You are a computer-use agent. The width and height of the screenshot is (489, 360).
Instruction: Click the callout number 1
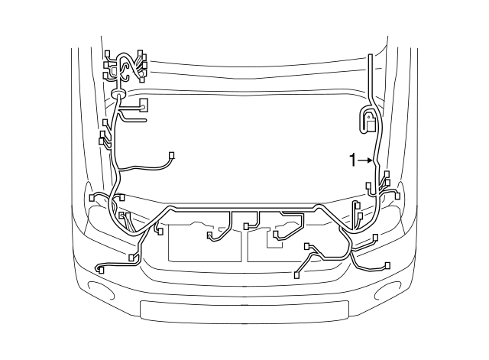pyautogui.click(x=352, y=160)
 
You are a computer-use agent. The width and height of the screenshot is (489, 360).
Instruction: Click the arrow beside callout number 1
pyautogui.click(x=367, y=160)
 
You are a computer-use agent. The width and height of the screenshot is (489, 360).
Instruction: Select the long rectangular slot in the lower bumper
pyautogui.click(x=244, y=310)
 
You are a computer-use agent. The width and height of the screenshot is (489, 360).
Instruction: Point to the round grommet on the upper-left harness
pyautogui.click(x=118, y=93)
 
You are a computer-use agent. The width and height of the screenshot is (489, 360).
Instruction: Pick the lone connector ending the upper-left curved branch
pyautogui.click(x=172, y=156)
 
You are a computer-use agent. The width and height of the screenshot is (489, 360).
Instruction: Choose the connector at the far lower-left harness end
pyautogui.click(x=101, y=268)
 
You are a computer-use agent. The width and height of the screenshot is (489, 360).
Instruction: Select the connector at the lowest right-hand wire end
pyautogui.click(x=387, y=265)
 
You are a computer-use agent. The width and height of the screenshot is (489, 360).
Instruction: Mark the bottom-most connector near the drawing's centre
pyautogui.click(x=297, y=273)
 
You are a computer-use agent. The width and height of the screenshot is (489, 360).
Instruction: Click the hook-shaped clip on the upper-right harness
pyautogui.click(x=370, y=121)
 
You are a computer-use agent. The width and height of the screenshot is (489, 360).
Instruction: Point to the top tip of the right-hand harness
pyautogui.click(x=371, y=57)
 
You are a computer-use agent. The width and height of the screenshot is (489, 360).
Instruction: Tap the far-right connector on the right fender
pyautogui.click(x=397, y=195)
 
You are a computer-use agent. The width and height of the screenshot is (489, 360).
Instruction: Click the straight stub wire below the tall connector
pyautogui.click(x=135, y=119)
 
